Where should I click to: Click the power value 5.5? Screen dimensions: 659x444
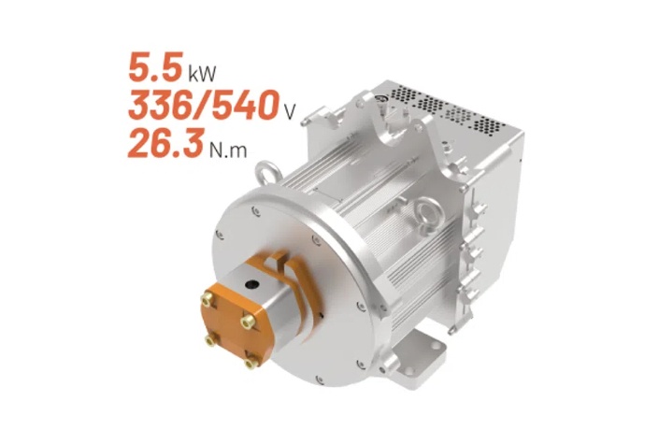pos(155,66)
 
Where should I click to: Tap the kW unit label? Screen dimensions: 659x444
pos(203,73)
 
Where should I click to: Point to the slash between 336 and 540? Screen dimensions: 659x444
pos(203,105)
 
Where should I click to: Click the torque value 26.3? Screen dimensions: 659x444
pos(166,143)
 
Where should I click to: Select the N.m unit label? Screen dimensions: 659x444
pos(228,150)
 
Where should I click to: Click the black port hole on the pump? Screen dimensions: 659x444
pos(253,285)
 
